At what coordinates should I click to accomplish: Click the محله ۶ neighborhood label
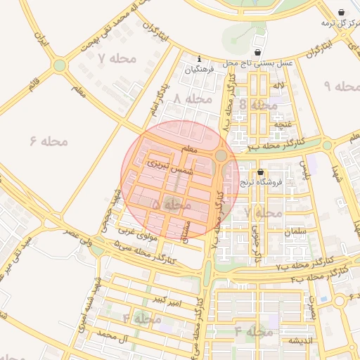(x=49, y=141)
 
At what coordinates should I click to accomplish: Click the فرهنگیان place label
(x=198, y=70)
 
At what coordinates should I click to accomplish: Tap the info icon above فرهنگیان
(x=200, y=58)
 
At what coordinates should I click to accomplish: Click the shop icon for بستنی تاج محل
(x=258, y=53)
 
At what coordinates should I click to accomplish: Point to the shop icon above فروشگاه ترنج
(x=261, y=172)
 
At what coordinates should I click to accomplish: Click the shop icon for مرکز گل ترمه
(x=341, y=12)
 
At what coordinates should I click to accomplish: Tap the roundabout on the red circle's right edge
(x=221, y=155)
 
